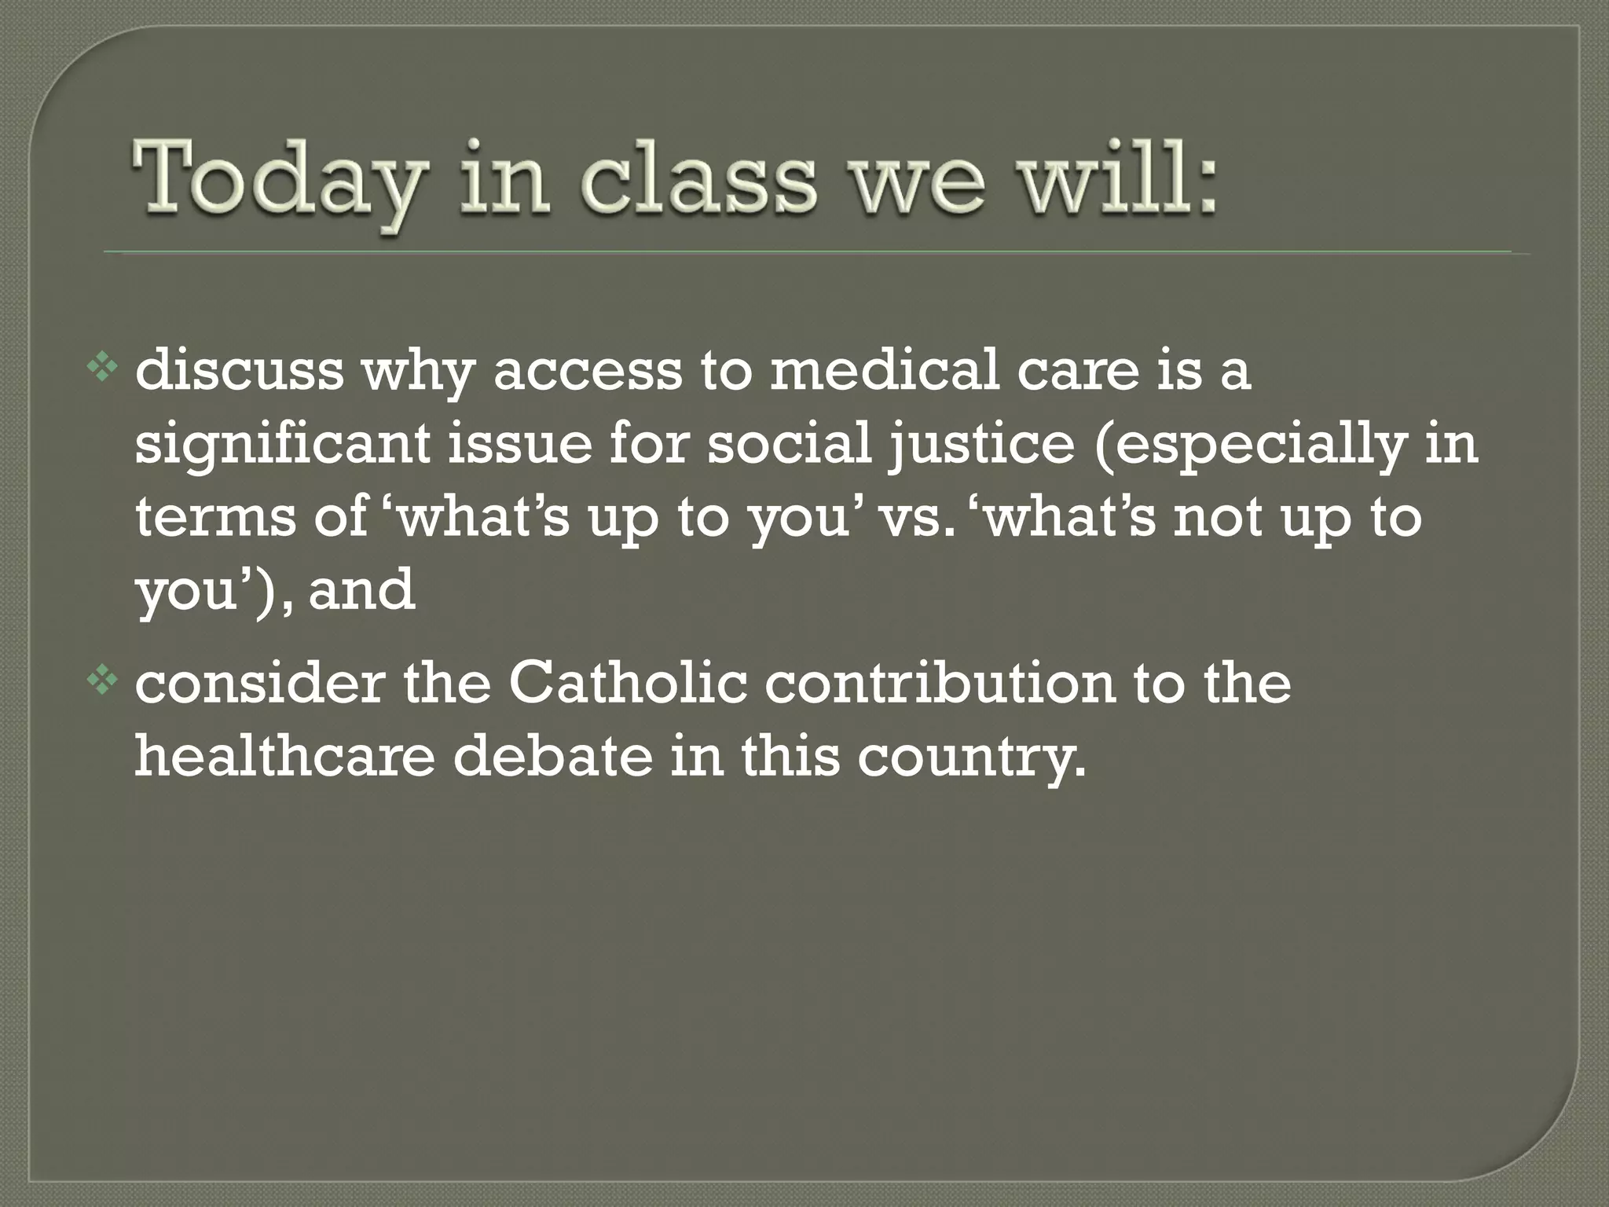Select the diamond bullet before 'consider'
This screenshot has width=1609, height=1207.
tap(101, 683)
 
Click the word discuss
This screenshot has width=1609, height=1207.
tap(239, 371)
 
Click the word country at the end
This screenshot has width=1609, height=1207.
tap(970, 758)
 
